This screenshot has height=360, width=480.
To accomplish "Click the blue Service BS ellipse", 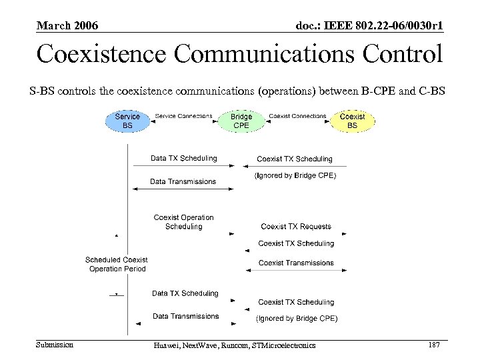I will click(x=127, y=121).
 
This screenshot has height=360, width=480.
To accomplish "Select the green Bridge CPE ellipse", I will click(x=241, y=121).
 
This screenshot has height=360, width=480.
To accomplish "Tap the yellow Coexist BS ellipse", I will click(x=353, y=121).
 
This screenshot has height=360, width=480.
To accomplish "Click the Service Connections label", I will click(x=183, y=116).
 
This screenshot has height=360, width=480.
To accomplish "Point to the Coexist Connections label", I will click(x=297, y=116).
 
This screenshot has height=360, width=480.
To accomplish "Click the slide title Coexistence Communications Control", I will click(x=239, y=54).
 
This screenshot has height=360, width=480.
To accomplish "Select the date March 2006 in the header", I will click(x=67, y=26).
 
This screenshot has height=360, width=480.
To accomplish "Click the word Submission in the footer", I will click(x=55, y=345).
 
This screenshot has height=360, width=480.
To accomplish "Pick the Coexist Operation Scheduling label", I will click(x=183, y=222).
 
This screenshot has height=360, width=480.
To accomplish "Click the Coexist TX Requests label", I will click(x=296, y=227).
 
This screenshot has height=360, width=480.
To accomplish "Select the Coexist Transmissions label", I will click(x=296, y=263).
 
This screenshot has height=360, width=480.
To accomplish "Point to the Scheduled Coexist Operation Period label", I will click(x=117, y=264).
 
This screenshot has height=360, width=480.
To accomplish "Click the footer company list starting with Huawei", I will click(x=234, y=345).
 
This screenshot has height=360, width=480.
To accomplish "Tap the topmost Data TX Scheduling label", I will click(x=183, y=159).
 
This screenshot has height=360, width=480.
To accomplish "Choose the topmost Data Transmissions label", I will click(x=183, y=181).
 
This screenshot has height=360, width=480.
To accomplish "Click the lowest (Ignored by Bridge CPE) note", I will click(x=297, y=319).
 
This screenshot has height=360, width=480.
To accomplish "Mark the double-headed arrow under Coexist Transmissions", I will click(x=296, y=271).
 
